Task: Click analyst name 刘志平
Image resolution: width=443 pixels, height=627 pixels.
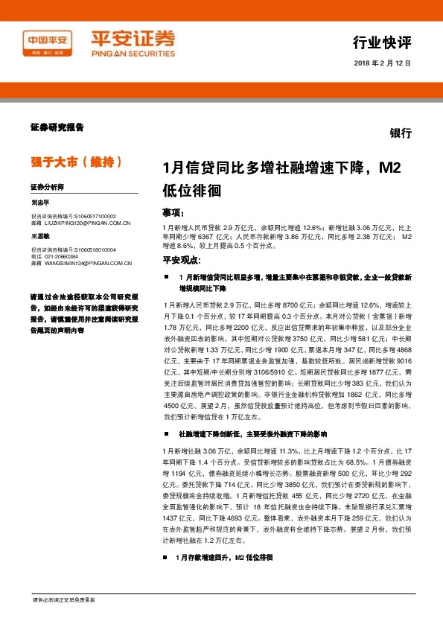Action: pos(40,202)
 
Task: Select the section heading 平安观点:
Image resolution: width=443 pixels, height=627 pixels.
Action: pos(182,260)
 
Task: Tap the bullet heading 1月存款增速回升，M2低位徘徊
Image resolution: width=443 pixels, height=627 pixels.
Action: pos(224,578)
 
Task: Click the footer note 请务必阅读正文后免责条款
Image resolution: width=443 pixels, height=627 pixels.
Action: pos(64,599)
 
